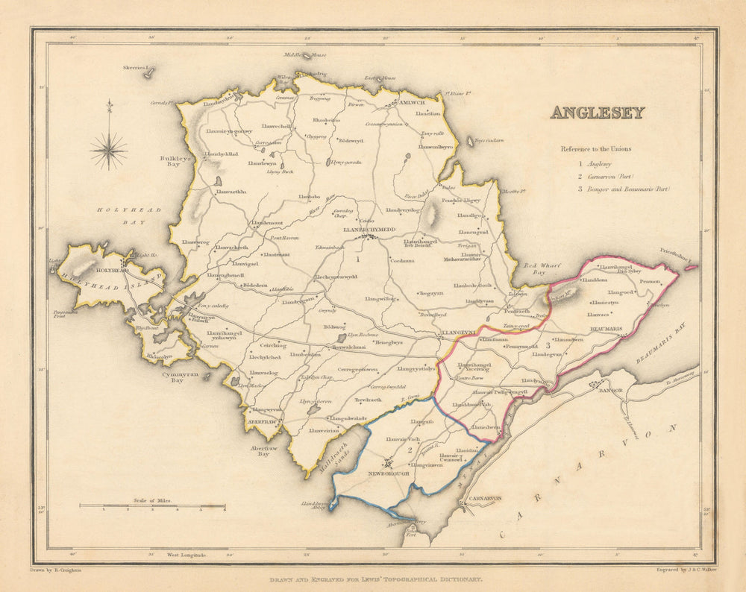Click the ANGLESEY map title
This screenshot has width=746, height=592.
click(597, 113)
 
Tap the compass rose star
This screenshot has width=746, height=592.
click(109, 150)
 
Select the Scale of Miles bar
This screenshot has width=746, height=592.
click(152, 506)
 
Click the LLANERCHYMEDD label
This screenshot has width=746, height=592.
click(367, 230)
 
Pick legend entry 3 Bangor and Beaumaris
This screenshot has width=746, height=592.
click(624, 189)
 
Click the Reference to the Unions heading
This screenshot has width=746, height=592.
click(595, 148)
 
